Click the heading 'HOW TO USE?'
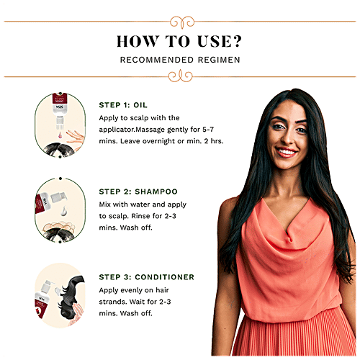(x=179, y=41)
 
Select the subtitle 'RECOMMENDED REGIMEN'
(x=180, y=60)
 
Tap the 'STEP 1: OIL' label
(x=123, y=105)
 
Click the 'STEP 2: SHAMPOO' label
(x=138, y=192)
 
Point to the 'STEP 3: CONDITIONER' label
(x=147, y=277)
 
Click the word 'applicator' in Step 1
(x=117, y=130)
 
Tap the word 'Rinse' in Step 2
(x=140, y=216)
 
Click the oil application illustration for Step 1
(x=60, y=125)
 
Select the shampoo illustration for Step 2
(x=60, y=210)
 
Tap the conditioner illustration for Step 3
(x=60, y=295)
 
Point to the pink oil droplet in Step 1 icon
(x=60, y=135)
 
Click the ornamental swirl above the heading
(x=182, y=22)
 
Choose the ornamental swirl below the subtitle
(x=181, y=76)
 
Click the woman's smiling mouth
(x=286, y=152)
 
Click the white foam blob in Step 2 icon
(x=64, y=211)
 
